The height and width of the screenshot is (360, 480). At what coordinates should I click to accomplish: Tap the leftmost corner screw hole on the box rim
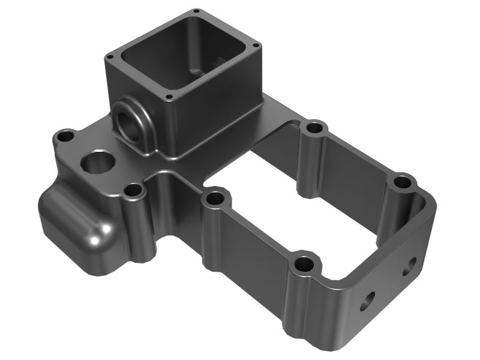point(110,57)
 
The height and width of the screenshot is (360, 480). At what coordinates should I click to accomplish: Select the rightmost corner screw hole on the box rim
point(256,45)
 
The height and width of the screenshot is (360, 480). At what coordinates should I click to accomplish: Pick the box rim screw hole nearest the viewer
point(169,97)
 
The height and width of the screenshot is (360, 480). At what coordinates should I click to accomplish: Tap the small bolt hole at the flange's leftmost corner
point(64,137)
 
